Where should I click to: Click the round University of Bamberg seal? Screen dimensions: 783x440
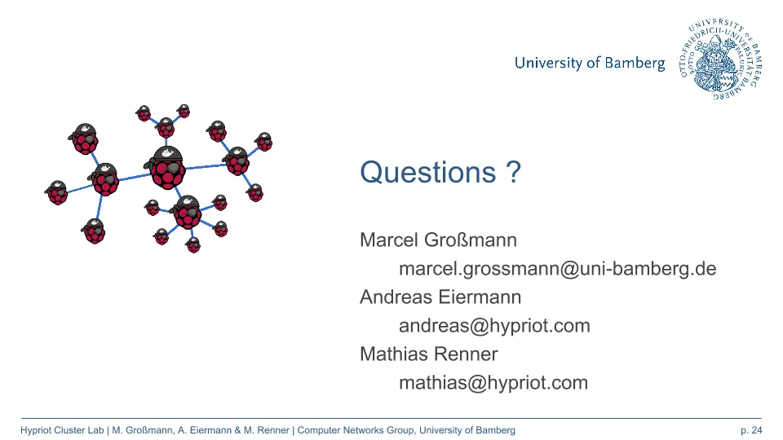coord(720,59)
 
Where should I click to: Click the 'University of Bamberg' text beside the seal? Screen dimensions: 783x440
coord(590,63)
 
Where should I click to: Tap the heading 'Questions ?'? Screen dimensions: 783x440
coord(440,172)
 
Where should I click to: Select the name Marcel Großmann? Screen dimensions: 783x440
coord(438,240)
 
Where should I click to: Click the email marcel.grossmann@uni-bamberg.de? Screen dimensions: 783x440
coord(557,269)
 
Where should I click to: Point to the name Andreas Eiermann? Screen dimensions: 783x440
coord(440,297)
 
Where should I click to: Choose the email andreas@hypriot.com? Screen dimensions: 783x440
coord(494,326)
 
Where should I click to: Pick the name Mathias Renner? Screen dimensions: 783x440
coord(428,354)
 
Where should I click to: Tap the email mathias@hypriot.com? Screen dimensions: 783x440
coord(493,383)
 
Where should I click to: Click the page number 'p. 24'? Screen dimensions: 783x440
coord(751,430)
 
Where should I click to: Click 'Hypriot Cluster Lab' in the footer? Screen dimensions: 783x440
coord(62,430)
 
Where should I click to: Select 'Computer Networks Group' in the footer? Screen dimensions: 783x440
coord(356,430)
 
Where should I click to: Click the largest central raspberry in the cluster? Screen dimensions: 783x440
coord(166,168)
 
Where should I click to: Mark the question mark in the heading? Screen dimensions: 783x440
coord(513,172)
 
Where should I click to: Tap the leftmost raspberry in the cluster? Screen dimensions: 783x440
coord(57,192)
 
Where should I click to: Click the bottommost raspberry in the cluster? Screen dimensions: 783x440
coord(192,245)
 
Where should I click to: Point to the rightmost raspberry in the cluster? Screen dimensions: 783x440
coord(263,142)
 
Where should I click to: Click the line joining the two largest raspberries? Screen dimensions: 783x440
coord(133,177)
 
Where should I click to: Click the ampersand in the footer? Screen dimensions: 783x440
coord(237,430)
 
